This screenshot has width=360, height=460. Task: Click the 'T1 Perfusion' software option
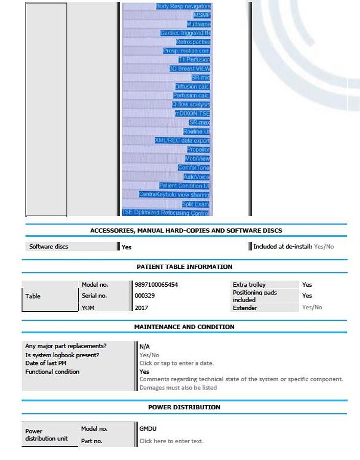coord(194,60)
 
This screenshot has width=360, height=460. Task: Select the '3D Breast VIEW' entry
coord(189,68)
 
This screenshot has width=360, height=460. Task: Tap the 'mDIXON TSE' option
coord(192,113)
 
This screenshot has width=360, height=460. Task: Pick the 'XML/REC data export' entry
coord(182,141)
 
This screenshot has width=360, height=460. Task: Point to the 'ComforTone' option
coord(193,168)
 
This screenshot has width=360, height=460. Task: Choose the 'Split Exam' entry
coord(195,204)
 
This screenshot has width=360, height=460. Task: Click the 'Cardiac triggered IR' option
coord(185,33)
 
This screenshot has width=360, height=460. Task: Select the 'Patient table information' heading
coord(184,267)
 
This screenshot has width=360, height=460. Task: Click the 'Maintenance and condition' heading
coord(184,327)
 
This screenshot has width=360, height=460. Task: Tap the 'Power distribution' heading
coord(184,407)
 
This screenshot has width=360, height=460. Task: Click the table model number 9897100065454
coord(156,285)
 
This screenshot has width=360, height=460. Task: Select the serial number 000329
coord(145,296)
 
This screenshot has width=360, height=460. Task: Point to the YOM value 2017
coord(141,308)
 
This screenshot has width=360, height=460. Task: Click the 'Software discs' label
coord(49,246)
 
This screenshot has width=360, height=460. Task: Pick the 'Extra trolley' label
coord(249,285)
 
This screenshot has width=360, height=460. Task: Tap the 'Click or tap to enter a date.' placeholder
coord(176,363)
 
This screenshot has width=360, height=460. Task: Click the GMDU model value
coord(148,429)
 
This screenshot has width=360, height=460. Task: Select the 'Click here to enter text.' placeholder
coord(171,441)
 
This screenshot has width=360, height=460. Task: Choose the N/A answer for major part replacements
coord(145,347)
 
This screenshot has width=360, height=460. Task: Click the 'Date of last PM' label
coord(46,363)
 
